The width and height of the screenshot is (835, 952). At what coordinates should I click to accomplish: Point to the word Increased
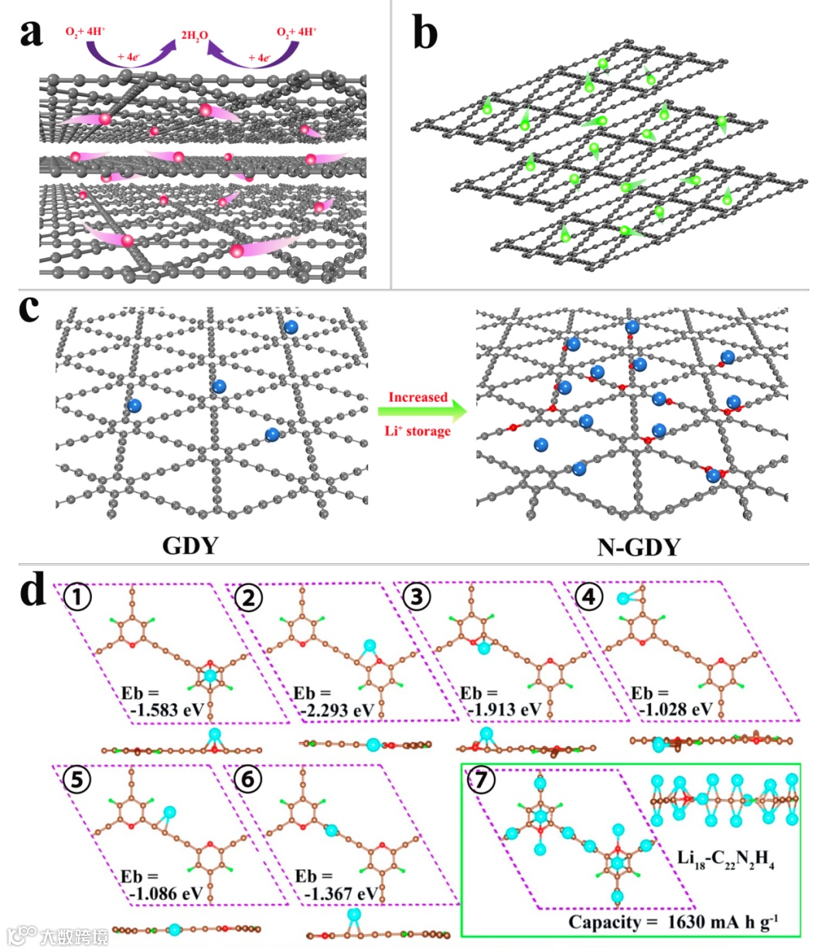coord(417,397)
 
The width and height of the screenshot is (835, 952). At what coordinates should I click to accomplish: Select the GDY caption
coord(190,546)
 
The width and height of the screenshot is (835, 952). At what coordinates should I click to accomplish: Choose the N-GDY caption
coord(639,547)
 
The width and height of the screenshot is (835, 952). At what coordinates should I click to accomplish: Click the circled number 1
coord(77,597)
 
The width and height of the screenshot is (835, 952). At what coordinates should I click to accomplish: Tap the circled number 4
coord(590,597)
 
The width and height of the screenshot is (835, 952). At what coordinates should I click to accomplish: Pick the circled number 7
coord(481,780)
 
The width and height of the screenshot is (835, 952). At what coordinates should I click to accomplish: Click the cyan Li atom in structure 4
coord(623,597)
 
